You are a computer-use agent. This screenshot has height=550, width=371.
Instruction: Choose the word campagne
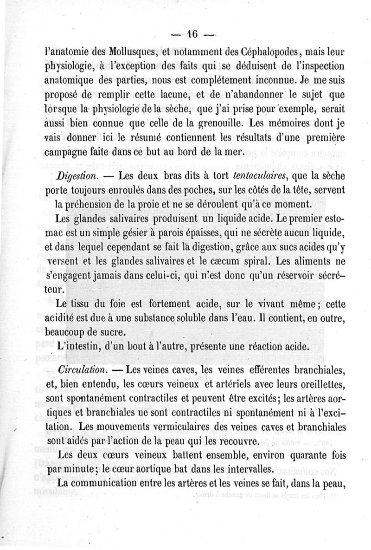[x=67, y=154]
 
